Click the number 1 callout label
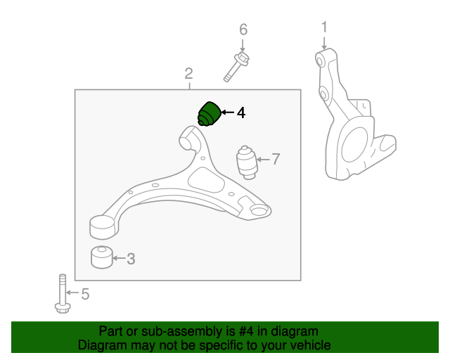[324, 27]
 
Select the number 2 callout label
[188, 73]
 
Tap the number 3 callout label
[131, 259]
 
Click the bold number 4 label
[241, 112]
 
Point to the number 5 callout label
[85, 294]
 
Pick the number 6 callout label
[243, 30]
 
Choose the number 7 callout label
[276, 160]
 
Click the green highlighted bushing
[209, 114]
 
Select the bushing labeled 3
[103, 257]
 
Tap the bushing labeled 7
[246, 162]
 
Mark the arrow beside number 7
[262, 160]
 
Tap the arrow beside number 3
[119, 259]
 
